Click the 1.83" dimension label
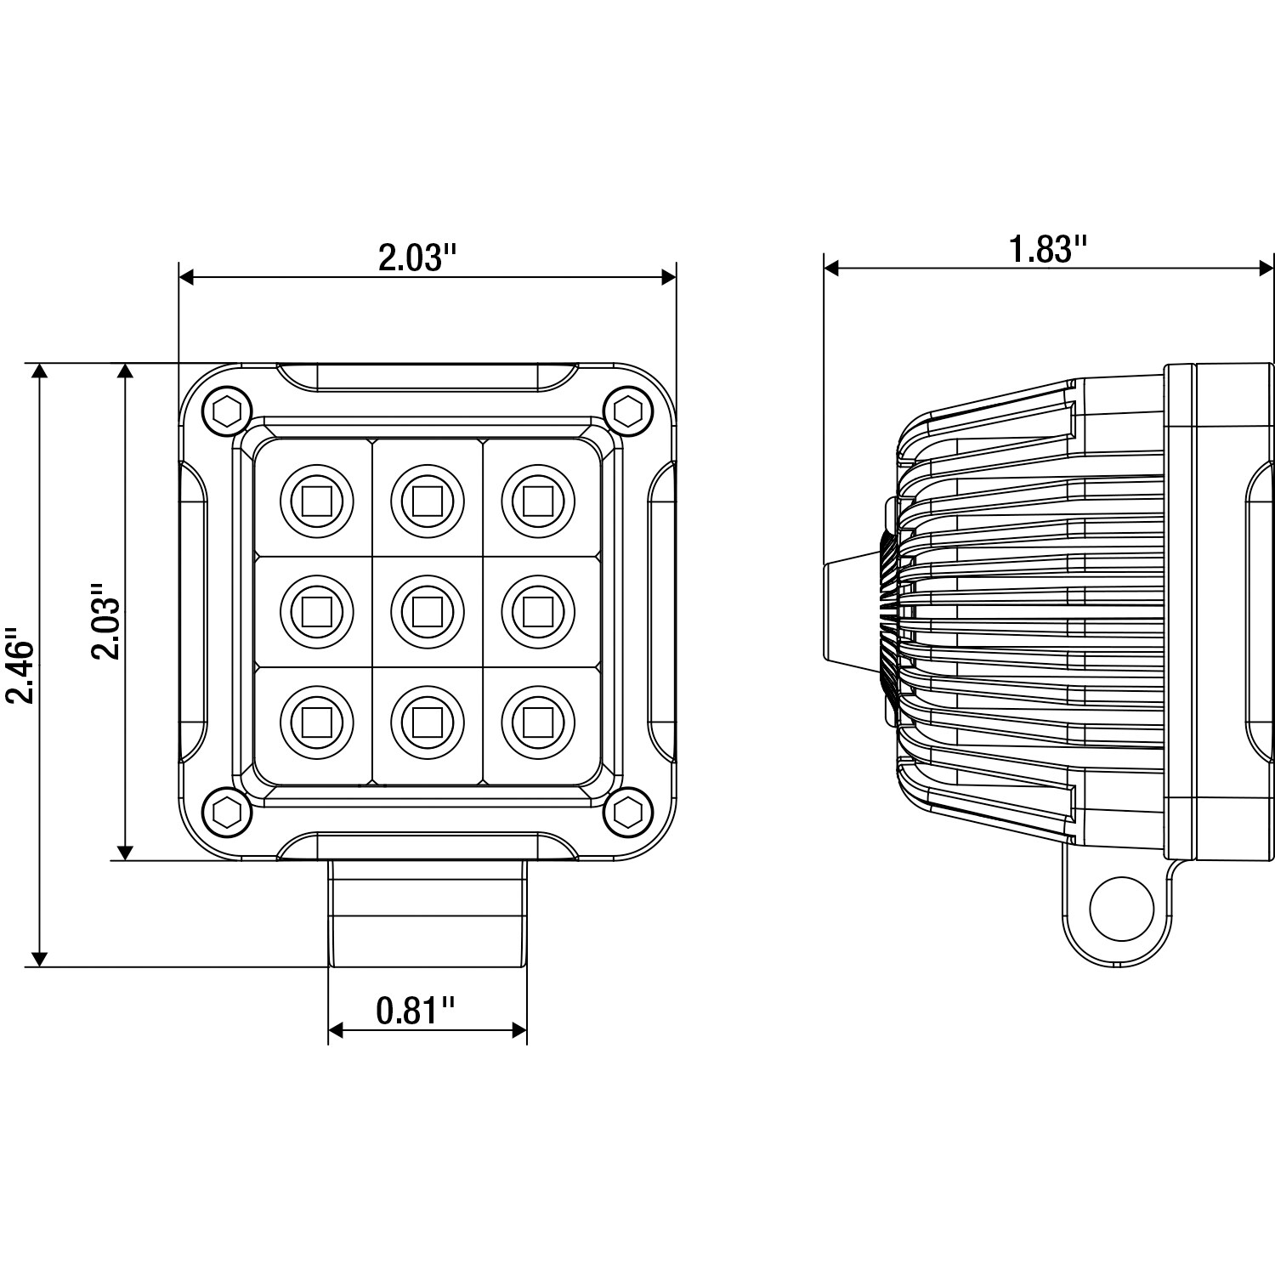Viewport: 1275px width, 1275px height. point(1048,251)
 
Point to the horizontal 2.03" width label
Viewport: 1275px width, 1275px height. point(418,258)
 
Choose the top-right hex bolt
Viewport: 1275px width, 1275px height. point(627,411)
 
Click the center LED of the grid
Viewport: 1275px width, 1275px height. point(428,611)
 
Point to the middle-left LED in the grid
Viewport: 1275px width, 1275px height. point(316,611)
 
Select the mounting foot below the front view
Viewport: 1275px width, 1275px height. point(428,914)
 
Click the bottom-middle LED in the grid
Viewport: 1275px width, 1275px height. point(428,722)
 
